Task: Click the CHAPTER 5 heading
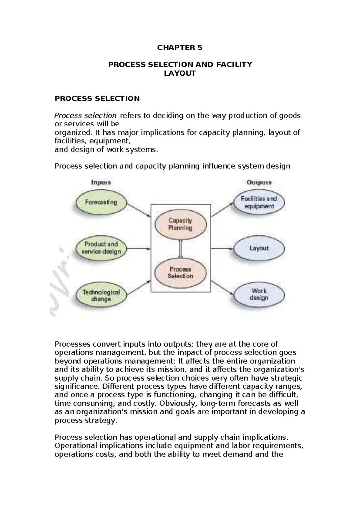click(180, 48)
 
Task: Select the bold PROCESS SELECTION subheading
click(97, 98)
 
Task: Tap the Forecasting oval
click(101, 202)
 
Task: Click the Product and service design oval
click(101, 248)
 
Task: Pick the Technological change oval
click(101, 295)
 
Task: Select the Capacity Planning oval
click(180, 224)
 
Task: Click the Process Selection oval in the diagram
click(180, 273)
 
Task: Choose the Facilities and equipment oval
click(259, 202)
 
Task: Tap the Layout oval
click(259, 248)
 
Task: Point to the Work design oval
click(259, 294)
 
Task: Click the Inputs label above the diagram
click(101, 182)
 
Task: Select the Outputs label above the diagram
click(259, 182)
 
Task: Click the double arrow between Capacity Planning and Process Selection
click(180, 248)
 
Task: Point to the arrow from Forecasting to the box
click(139, 210)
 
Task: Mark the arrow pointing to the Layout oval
click(222, 248)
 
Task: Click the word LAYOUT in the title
click(180, 73)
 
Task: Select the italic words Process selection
click(85, 116)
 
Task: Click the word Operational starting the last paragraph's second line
click(73, 445)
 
